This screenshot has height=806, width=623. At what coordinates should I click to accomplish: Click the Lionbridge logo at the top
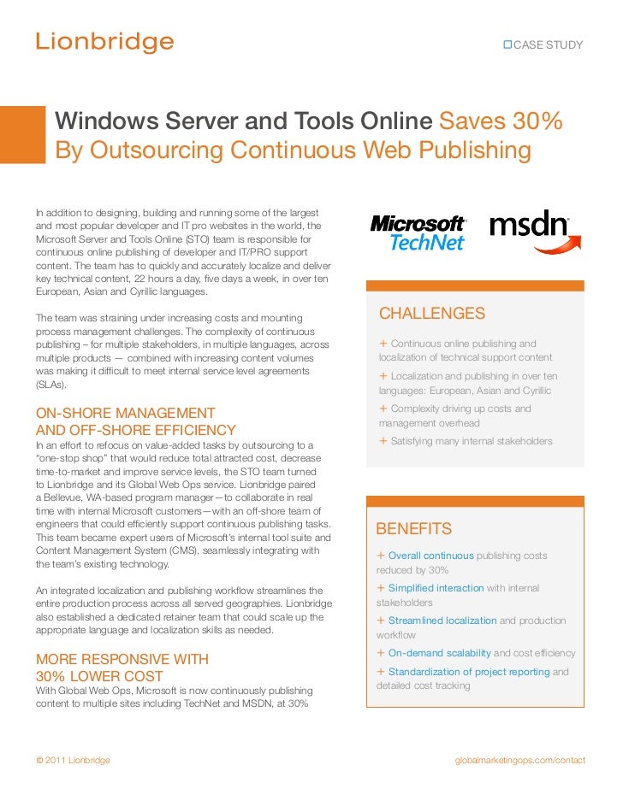click(x=104, y=42)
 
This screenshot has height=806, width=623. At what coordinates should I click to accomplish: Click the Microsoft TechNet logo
click(x=418, y=232)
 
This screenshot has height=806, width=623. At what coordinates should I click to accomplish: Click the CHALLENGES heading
click(x=432, y=314)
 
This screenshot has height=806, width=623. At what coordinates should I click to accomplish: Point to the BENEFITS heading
click(x=414, y=528)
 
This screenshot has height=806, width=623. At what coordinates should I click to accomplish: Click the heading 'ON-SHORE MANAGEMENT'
click(x=125, y=413)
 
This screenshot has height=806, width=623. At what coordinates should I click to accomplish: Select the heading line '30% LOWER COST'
click(x=99, y=676)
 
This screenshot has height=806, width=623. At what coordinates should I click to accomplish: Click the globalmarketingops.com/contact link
click(x=519, y=760)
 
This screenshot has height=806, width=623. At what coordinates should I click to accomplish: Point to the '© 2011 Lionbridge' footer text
click(x=73, y=760)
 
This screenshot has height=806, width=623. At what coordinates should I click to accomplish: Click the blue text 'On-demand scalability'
click(x=439, y=653)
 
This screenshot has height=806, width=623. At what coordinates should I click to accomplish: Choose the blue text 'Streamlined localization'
click(x=442, y=621)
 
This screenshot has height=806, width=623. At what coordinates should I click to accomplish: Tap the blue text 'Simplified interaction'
click(x=436, y=588)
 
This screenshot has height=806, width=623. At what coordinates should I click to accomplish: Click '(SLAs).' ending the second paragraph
click(x=52, y=385)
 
